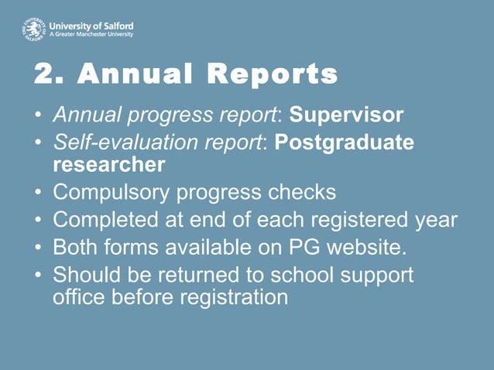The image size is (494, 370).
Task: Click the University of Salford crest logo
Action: point(33,30)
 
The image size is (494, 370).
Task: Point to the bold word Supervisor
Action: point(346,116)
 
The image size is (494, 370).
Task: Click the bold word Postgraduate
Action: point(344,143)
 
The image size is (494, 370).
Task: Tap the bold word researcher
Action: point(108,164)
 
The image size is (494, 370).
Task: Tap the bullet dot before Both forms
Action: point(39,248)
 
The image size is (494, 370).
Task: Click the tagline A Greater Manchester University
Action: point(91,35)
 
